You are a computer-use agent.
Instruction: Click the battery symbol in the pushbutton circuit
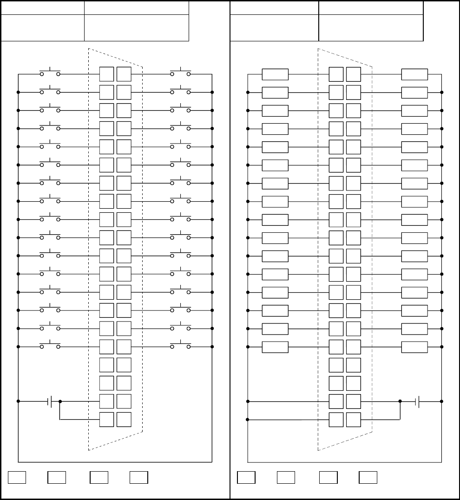pos(51,401)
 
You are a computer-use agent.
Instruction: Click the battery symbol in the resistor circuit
pos(418,401)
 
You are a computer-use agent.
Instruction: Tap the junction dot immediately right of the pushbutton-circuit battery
pos(60,401)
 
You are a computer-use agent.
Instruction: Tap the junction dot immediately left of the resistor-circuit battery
pos(400,401)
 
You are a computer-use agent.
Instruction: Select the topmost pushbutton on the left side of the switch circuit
pos(50,73)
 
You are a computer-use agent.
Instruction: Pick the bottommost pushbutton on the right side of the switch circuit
pos(180,346)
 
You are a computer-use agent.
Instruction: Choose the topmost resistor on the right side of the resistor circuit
pos(414,74)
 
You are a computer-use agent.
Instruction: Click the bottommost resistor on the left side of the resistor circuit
pos(275,347)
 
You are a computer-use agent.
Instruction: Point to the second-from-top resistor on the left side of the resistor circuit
pos(275,92)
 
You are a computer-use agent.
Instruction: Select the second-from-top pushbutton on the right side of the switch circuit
pos(180,92)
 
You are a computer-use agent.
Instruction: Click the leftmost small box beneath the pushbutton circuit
pos(17,477)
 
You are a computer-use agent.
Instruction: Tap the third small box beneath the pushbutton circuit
pos(99,477)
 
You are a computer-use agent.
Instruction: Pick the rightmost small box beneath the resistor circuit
pos(368,477)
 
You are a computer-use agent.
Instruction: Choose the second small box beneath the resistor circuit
pos(286,477)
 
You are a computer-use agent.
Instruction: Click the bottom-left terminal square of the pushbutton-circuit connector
pos(106,419)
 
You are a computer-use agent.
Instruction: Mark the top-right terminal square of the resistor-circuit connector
pos(354,74)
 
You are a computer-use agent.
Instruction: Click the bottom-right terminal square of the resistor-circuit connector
pos(354,419)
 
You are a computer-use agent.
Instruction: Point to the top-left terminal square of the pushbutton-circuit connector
pos(106,74)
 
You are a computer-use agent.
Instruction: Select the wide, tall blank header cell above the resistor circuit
pos(371,27)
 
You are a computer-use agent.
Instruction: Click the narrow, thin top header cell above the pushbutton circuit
pos(43,7)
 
